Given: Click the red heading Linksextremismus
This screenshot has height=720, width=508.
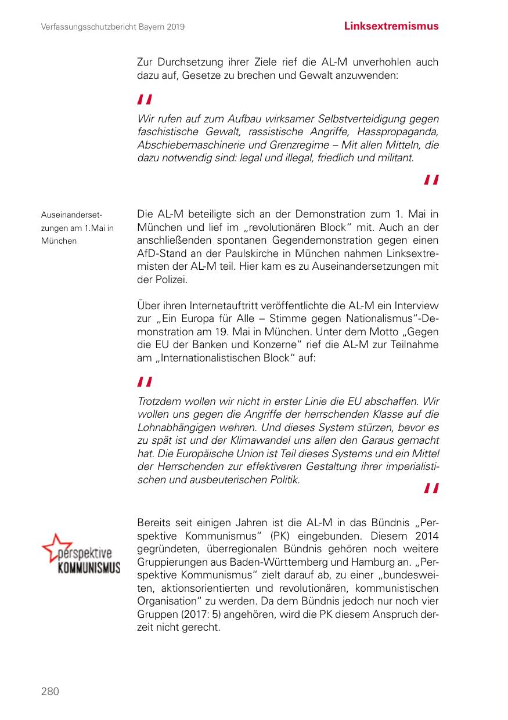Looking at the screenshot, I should click(x=391, y=26).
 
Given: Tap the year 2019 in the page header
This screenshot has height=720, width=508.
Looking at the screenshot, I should click(x=175, y=27).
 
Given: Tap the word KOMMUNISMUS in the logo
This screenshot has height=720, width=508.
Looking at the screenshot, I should click(x=88, y=566).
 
